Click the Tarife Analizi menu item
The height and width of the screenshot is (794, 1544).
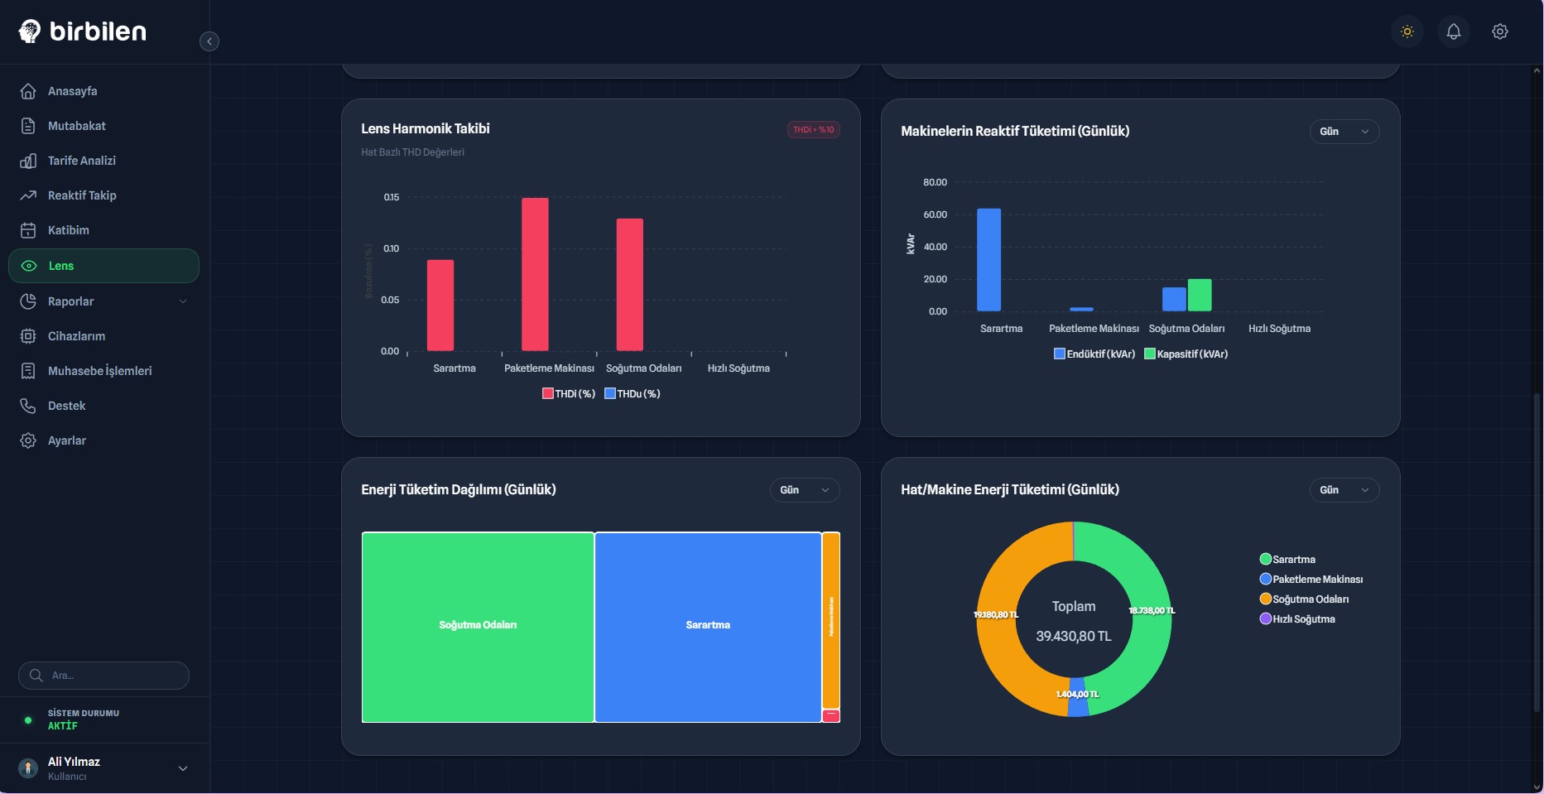click(x=81, y=161)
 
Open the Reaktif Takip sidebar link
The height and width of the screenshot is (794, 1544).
click(x=81, y=195)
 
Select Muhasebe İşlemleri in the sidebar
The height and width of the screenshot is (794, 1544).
click(x=99, y=371)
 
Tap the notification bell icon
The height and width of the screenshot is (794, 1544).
click(x=1453, y=31)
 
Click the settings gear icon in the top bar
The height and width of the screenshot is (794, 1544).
click(x=1499, y=31)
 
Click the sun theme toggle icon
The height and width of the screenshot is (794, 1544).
click(x=1407, y=31)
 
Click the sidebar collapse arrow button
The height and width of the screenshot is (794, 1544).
click(x=209, y=41)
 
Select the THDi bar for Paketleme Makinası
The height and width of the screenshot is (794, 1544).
click(x=535, y=273)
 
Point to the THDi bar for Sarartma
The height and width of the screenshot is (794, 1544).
click(x=440, y=305)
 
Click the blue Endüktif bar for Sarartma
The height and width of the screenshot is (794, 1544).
click(x=988, y=259)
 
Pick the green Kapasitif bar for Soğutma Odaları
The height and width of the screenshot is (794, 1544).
click(x=1200, y=295)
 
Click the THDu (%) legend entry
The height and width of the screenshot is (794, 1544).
click(x=633, y=394)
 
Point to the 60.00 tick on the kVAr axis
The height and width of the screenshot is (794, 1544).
click(x=935, y=214)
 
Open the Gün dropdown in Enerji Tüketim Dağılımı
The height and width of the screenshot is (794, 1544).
click(x=804, y=490)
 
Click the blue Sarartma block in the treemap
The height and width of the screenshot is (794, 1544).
click(x=708, y=626)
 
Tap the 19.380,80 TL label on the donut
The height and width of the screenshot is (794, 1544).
click(x=996, y=614)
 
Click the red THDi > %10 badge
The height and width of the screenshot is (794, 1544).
click(x=813, y=130)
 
